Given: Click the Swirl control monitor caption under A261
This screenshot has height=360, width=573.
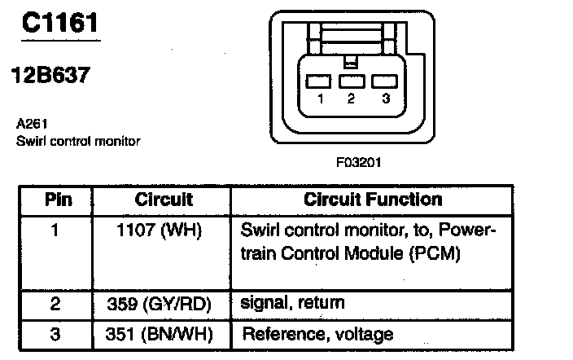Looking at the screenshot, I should (78, 141).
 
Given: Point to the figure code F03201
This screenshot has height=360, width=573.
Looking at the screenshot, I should (359, 162).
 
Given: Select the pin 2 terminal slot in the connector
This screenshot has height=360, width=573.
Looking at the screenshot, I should (351, 81).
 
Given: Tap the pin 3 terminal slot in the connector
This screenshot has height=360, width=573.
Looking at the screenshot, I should (383, 81).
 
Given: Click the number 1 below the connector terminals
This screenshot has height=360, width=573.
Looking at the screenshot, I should (320, 99).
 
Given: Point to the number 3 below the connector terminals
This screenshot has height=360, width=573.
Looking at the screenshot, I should (384, 99).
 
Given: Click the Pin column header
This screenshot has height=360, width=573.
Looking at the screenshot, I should (57, 200).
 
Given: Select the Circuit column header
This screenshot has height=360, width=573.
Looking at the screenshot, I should (164, 200).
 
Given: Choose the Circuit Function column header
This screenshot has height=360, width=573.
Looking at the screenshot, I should (373, 200).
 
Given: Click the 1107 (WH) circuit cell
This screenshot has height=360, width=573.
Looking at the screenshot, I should (164, 230).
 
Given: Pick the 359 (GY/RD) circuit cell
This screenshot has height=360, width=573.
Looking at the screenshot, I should (164, 304).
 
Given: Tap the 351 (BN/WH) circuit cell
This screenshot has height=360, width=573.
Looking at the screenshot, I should (164, 334).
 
